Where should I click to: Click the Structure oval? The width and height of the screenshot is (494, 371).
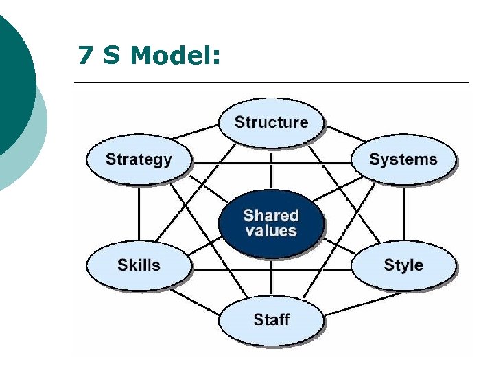[x=271, y=122]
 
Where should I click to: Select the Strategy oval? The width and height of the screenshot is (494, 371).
[x=139, y=159]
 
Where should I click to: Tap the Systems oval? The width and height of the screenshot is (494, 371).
[x=403, y=159]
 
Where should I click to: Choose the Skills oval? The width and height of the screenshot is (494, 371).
[x=139, y=265]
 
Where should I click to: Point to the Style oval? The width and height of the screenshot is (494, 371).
[x=403, y=265]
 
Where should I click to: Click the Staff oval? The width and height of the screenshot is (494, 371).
[x=271, y=319]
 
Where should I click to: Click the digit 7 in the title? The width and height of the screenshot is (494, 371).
[x=86, y=55]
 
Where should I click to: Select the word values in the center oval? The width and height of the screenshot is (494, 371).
[x=271, y=231]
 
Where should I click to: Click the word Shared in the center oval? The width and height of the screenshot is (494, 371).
[x=271, y=215]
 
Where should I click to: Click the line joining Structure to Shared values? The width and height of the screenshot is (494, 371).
[x=271, y=168]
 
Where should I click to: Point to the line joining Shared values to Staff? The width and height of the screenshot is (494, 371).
[x=271, y=280]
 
